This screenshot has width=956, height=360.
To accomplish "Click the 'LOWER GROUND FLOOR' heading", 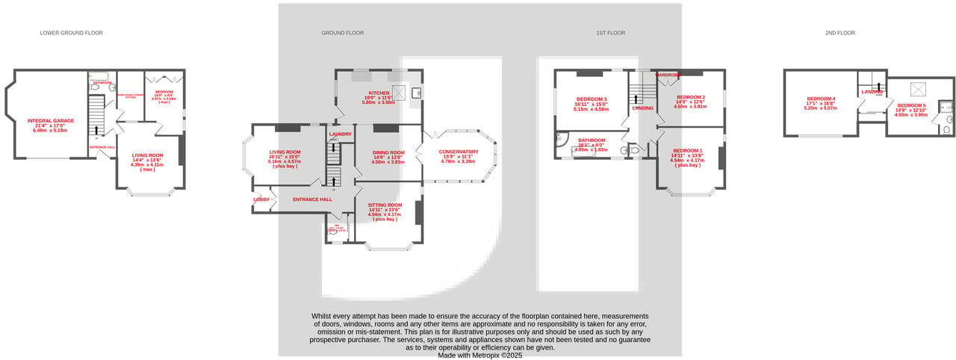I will (x=71, y=33).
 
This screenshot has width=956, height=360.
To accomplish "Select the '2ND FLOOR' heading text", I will (x=840, y=33).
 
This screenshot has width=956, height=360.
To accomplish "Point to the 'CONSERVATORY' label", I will (x=459, y=152).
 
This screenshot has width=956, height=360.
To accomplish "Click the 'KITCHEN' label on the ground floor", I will (x=379, y=93).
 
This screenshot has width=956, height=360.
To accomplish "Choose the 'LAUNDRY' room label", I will (x=340, y=134).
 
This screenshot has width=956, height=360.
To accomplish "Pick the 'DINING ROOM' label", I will (x=388, y=152).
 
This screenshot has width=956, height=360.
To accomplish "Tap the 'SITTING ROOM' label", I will (x=385, y=205).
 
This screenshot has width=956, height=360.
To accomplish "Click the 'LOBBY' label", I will (x=261, y=199).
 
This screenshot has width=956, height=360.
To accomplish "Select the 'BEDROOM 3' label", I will (x=591, y=99).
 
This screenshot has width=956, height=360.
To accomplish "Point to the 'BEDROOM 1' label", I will (x=686, y=151).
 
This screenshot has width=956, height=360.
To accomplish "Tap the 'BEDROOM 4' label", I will (x=821, y=99).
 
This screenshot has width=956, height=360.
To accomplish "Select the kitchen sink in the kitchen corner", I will (x=415, y=93).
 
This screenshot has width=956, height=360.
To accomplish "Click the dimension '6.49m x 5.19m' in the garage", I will (x=51, y=131).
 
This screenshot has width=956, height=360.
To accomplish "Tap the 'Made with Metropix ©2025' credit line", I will (x=480, y=356).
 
